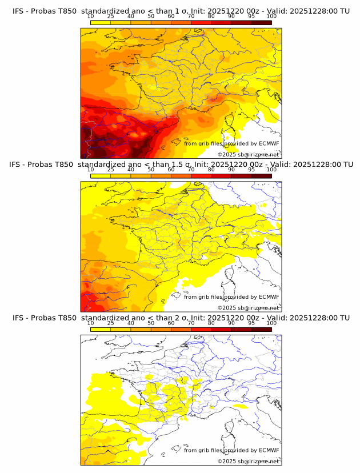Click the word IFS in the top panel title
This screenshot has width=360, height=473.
tap(18, 11)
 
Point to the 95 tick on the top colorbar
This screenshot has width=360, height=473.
tap(251, 17)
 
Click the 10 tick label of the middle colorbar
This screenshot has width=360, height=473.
tap(90, 170)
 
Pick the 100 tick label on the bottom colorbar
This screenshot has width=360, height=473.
tap(271, 323)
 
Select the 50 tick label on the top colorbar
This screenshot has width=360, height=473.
tap(151, 17)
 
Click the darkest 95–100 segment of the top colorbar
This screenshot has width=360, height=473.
tap(262, 22)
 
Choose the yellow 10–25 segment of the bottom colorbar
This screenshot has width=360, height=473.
tap(101, 329)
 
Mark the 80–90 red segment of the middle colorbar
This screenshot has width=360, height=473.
tap(221, 176)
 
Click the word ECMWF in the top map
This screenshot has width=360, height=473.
tap(269, 143)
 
